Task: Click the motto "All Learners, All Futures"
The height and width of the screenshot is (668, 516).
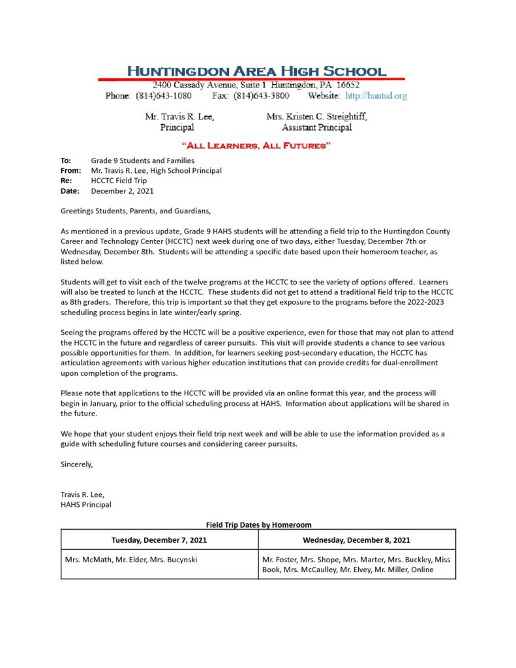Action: coord(256,145)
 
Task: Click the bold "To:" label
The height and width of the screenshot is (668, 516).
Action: coord(65,160)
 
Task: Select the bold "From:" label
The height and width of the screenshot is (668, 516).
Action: coord(70,171)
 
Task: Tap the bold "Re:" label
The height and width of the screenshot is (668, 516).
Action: coord(66,181)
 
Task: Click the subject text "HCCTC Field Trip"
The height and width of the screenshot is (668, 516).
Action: coord(119,181)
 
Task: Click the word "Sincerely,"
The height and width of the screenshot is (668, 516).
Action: coord(77,464)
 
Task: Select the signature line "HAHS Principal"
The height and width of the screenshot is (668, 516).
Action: coord(86,504)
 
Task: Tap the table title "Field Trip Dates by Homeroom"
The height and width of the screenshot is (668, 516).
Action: coord(258,524)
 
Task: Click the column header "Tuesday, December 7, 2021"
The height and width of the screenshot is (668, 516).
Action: coord(159,539)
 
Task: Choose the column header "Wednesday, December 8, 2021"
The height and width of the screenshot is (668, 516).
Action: coord(356,539)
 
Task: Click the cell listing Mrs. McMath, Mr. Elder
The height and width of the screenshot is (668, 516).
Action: coord(131,560)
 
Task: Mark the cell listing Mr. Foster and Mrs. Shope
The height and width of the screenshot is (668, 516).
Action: coord(356,565)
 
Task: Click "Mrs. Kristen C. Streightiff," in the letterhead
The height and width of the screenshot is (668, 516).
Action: coord(316,117)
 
